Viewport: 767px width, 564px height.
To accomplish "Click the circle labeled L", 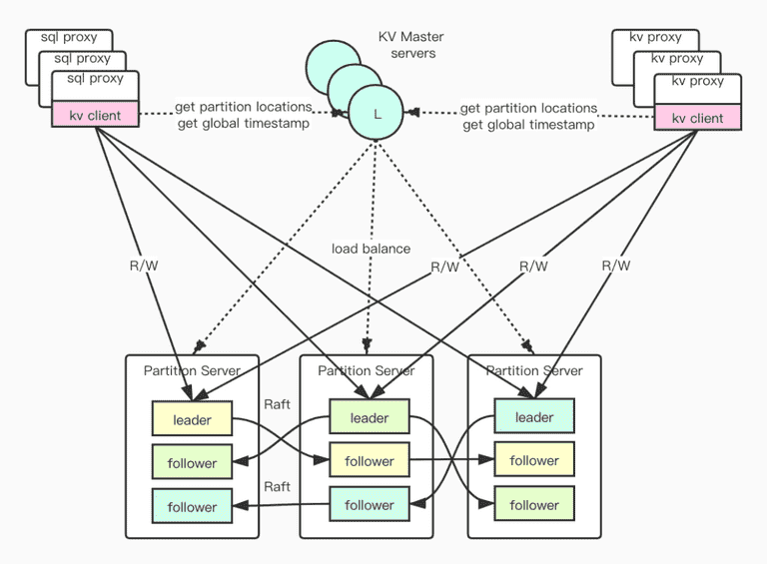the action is [376, 113].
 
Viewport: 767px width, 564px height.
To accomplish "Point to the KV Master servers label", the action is [411, 45].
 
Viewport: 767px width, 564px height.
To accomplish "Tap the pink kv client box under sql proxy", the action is [96, 115].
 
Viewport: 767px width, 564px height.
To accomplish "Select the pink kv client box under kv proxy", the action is [697, 118].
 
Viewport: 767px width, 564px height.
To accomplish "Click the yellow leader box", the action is [192, 419].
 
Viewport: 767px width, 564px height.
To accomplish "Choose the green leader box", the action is [370, 417].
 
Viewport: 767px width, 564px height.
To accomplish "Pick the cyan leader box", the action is [534, 416].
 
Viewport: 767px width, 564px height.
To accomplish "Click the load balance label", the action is [371, 249].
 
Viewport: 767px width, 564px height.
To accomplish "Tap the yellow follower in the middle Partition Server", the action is [370, 460].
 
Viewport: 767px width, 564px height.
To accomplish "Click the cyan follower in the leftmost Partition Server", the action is [192, 506].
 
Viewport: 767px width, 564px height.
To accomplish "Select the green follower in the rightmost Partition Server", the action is [534, 504].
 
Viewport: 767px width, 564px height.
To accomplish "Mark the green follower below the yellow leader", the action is [192, 462].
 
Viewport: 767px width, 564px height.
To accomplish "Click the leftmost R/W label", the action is [144, 266].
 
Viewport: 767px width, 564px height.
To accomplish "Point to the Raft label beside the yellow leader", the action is [277, 404].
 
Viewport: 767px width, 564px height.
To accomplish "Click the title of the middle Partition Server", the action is [366, 370].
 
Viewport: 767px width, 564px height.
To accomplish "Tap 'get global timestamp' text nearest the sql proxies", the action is [243, 123].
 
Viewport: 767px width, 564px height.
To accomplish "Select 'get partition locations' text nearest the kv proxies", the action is [528, 108].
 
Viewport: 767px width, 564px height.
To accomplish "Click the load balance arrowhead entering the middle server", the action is [367, 346].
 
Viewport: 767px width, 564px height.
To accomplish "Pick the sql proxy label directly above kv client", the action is [96, 78].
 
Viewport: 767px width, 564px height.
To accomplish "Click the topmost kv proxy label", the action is [655, 37].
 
